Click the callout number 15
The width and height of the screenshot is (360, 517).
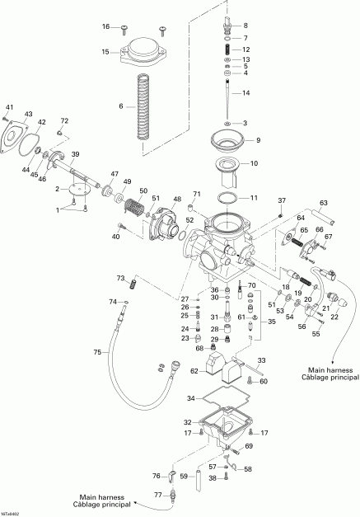105,52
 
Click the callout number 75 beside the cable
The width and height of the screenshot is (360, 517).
96,352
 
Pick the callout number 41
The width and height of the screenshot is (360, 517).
10,107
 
